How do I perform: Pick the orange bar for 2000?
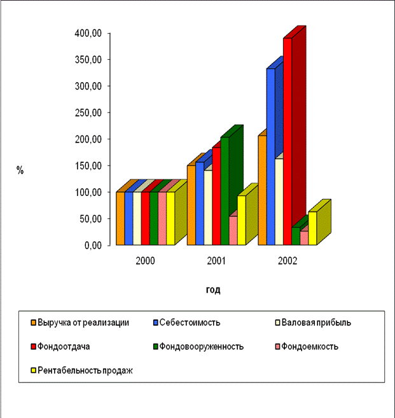pyautogui.click(x=120, y=218)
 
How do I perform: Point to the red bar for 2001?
pyautogui.click(x=216, y=191)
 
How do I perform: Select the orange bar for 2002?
pyautogui.click(x=262, y=191)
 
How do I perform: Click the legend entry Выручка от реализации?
pyautogui.click(x=83, y=322)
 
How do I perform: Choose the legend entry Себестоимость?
pyautogui.click(x=191, y=322)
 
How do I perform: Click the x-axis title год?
pyautogui.click(x=213, y=290)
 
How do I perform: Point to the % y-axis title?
pyautogui.click(x=20, y=171)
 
